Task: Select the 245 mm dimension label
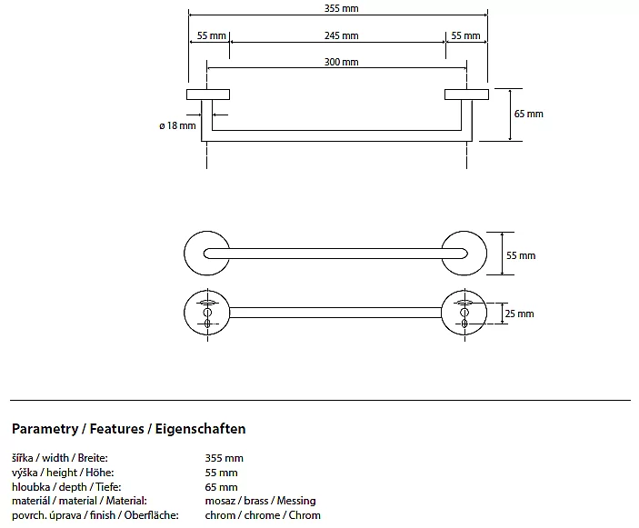(338, 35)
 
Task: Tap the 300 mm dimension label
(338, 62)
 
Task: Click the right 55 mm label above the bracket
(465, 35)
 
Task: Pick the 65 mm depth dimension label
(529, 114)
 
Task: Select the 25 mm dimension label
(520, 314)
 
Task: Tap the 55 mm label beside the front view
(521, 255)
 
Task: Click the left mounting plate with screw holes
(206, 312)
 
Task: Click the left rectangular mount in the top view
(208, 95)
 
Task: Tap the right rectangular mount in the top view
(465, 95)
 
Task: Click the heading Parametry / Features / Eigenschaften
(129, 428)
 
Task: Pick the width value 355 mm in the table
(225, 458)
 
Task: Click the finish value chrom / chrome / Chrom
(263, 515)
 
